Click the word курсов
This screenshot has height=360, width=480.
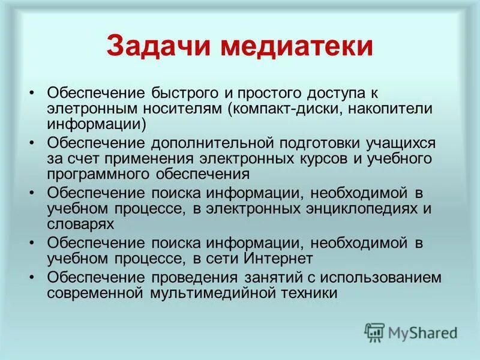click(x=338, y=159)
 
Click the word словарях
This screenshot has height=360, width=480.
click(x=80, y=224)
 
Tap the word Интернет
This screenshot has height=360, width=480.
click(x=279, y=259)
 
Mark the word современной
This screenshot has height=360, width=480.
click(x=95, y=293)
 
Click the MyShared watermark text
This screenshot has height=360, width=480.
click(x=422, y=332)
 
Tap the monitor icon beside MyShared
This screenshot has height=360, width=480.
click(x=374, y=332)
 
